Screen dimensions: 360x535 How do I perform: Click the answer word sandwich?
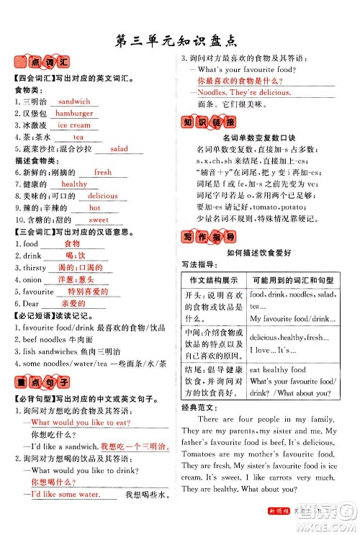click(73, 102)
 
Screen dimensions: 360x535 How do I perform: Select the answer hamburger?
click(74, 113)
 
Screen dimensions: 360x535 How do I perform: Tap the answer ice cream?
click(74, 125)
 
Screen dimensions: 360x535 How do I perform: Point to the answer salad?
click(119, 148)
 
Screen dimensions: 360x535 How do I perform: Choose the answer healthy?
click(73, 184)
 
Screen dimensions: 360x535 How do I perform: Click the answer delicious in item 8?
click(103, 195)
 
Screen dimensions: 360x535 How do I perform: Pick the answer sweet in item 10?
click(99, 219)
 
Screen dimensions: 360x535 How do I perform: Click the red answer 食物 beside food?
click(72, 243)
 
